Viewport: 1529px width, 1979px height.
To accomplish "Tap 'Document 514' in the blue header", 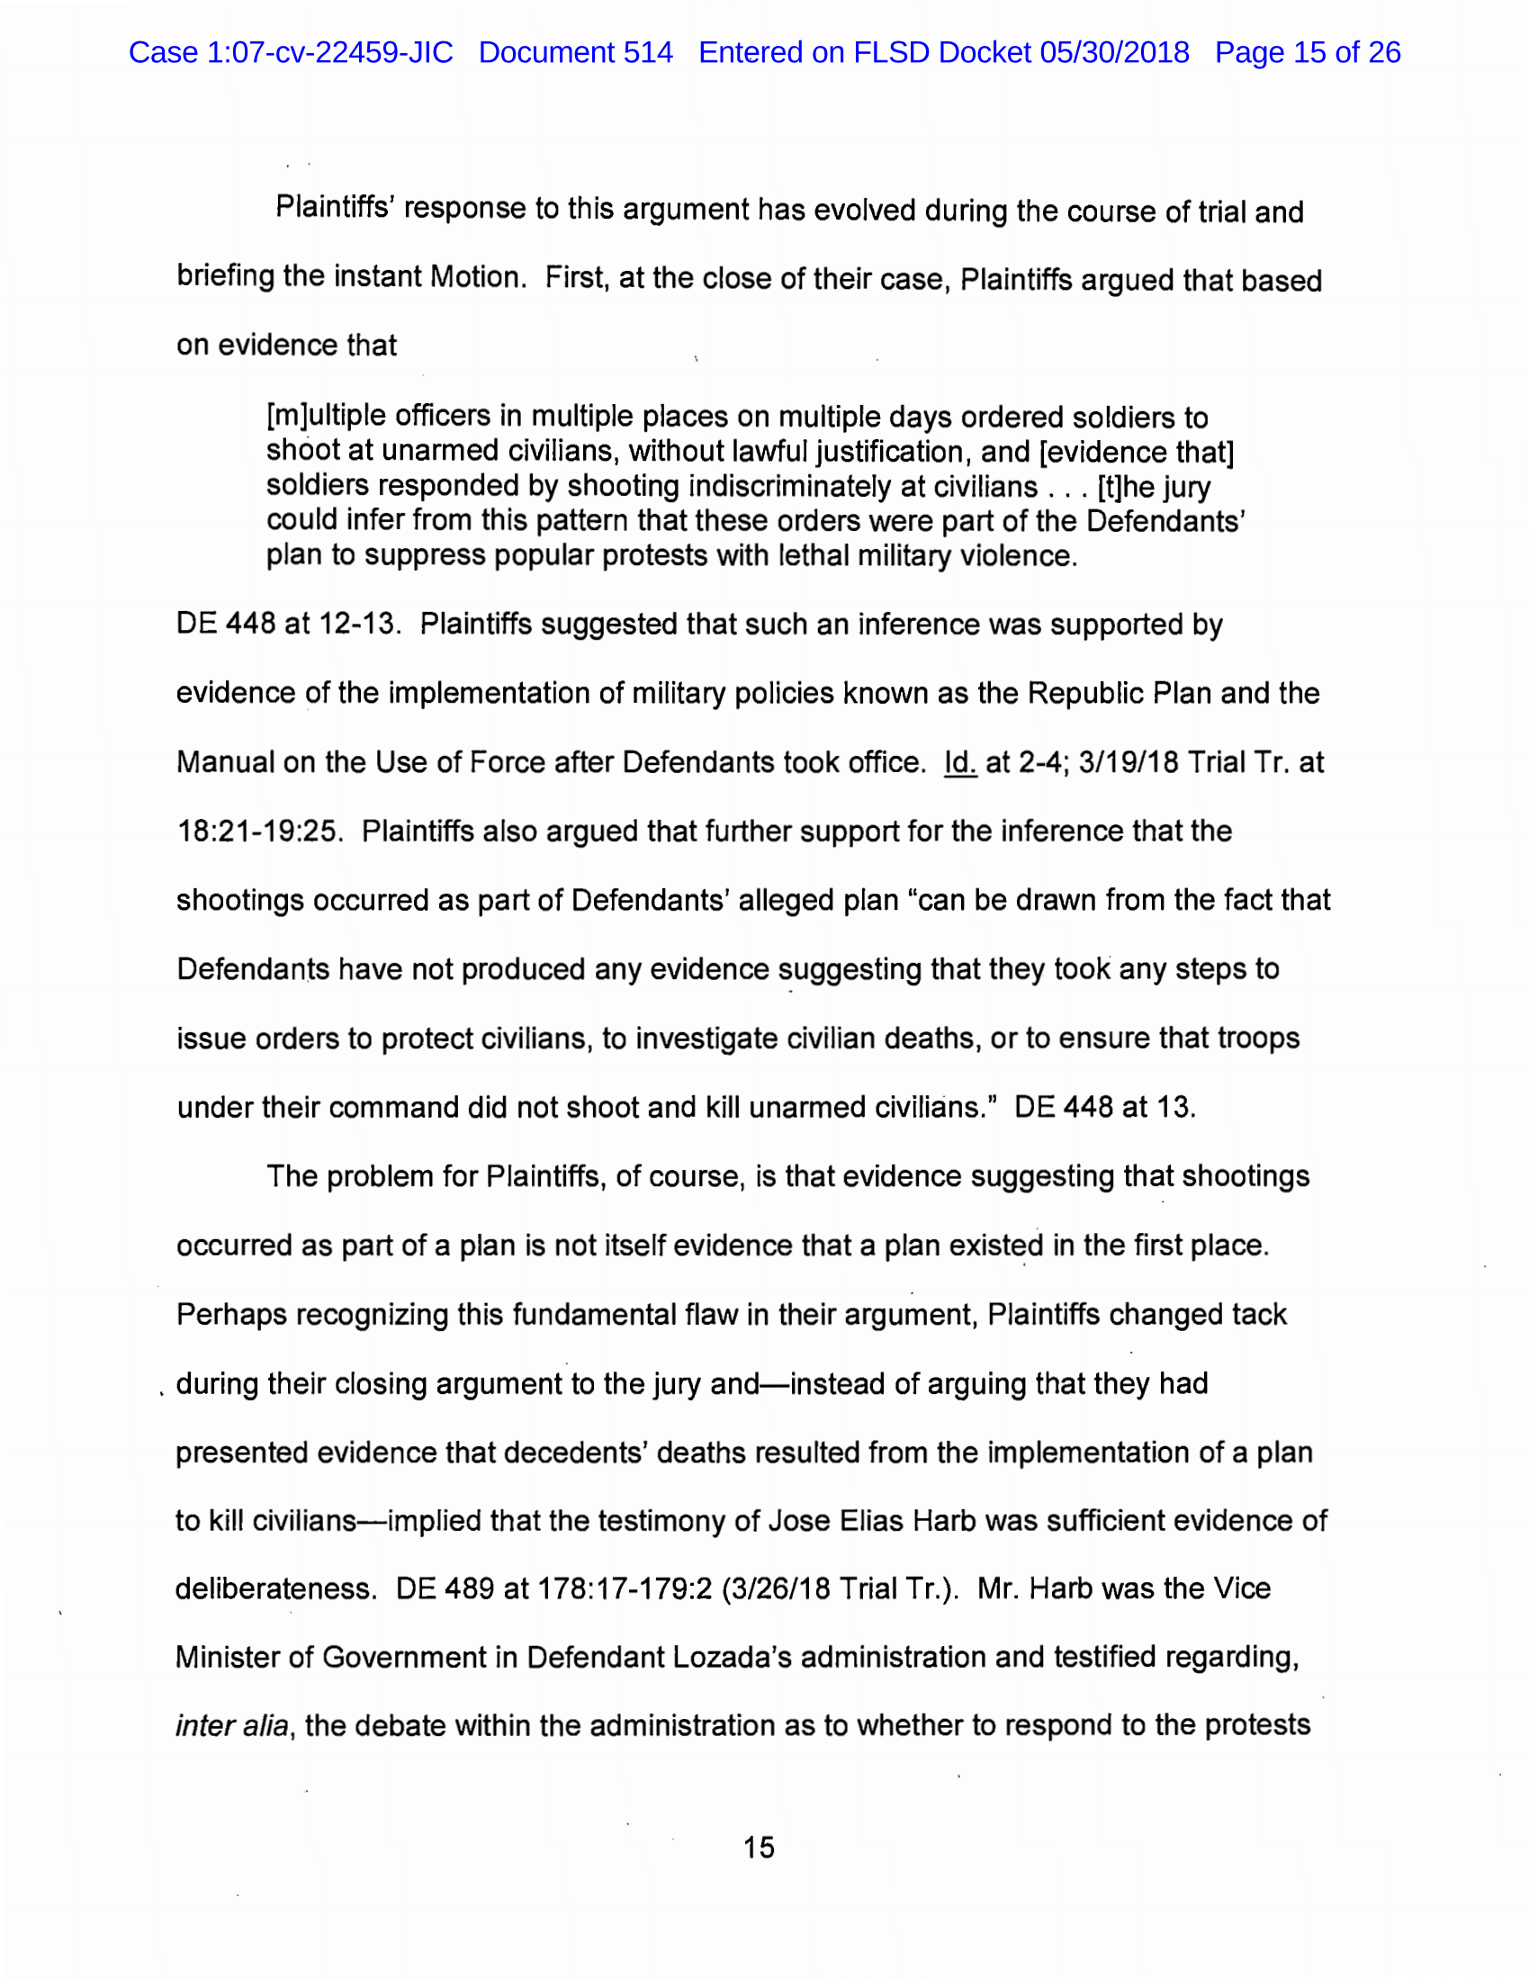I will [576, 52].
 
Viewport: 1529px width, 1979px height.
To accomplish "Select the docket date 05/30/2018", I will [1114, 52].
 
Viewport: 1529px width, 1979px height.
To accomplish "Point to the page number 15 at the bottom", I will [759, 1847].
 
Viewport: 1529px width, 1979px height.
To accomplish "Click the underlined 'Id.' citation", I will [960, 763].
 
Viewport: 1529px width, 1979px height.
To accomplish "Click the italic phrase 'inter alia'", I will [233, 1725].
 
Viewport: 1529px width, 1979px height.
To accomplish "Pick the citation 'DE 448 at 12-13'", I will [287, 625].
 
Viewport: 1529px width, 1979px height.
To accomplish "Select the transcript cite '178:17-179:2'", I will [625, 1588].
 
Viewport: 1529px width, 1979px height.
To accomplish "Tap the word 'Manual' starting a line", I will [224, 763].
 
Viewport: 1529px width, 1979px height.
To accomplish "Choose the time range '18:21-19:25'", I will [259, 831].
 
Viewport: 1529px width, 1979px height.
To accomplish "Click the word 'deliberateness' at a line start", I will [274, 1588].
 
